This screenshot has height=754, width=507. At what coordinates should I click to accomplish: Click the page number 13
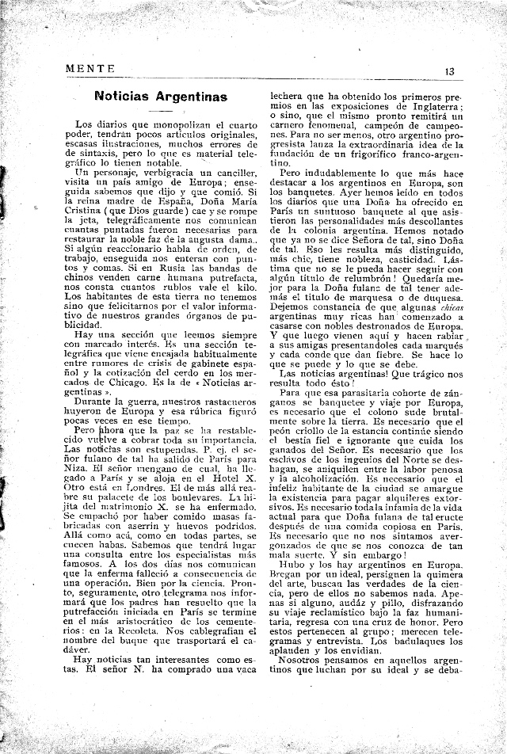point(449,70)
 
